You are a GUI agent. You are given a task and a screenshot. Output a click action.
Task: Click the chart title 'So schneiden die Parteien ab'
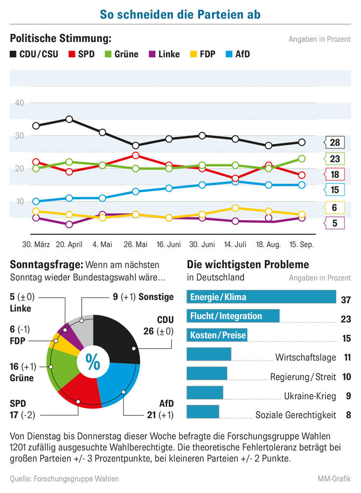(x=180, y=15)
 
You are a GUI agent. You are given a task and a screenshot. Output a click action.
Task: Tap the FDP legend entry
(x=202, y=54)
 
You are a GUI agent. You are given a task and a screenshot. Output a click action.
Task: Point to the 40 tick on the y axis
(x=20, y=103)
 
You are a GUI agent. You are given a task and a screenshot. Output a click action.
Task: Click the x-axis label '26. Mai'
(x=136, y=245)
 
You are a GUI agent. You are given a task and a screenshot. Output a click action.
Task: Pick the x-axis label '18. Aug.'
(x=268, y=245)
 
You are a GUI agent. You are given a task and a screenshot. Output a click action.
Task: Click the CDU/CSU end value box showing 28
(x=335, y=142)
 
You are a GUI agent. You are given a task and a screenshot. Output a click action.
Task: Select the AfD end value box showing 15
(x=335, y=190)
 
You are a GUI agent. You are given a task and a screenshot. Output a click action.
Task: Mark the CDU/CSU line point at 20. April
(x=69, y=119)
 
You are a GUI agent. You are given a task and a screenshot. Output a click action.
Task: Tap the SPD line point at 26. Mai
(x=136, y=156)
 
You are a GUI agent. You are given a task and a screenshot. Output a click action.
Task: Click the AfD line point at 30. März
(x=36, y=201)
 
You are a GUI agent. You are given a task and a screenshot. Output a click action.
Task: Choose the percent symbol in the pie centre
(x=93, y=362)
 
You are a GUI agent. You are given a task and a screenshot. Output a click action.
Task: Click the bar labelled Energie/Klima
(x=261, y=297)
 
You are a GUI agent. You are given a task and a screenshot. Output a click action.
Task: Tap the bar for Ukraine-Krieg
(x=205, y=393)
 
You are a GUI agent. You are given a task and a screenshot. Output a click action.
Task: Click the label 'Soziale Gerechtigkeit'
(x=296, y=415)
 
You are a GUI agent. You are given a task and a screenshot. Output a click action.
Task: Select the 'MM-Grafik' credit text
(x=334, y=479)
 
